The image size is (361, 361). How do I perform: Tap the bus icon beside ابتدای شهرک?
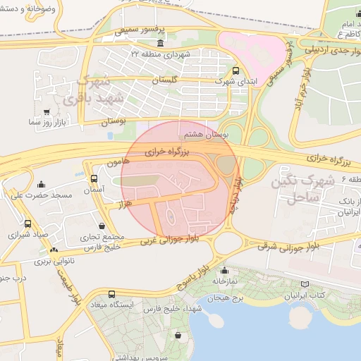point(235,71)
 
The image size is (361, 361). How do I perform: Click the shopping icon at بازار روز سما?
point(47,111)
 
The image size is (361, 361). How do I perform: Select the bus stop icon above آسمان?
point(94,178)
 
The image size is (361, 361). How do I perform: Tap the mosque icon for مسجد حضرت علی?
point(41,184)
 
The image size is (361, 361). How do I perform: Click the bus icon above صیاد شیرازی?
point(27,224)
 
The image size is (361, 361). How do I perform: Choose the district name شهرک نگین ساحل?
point(303,190)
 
